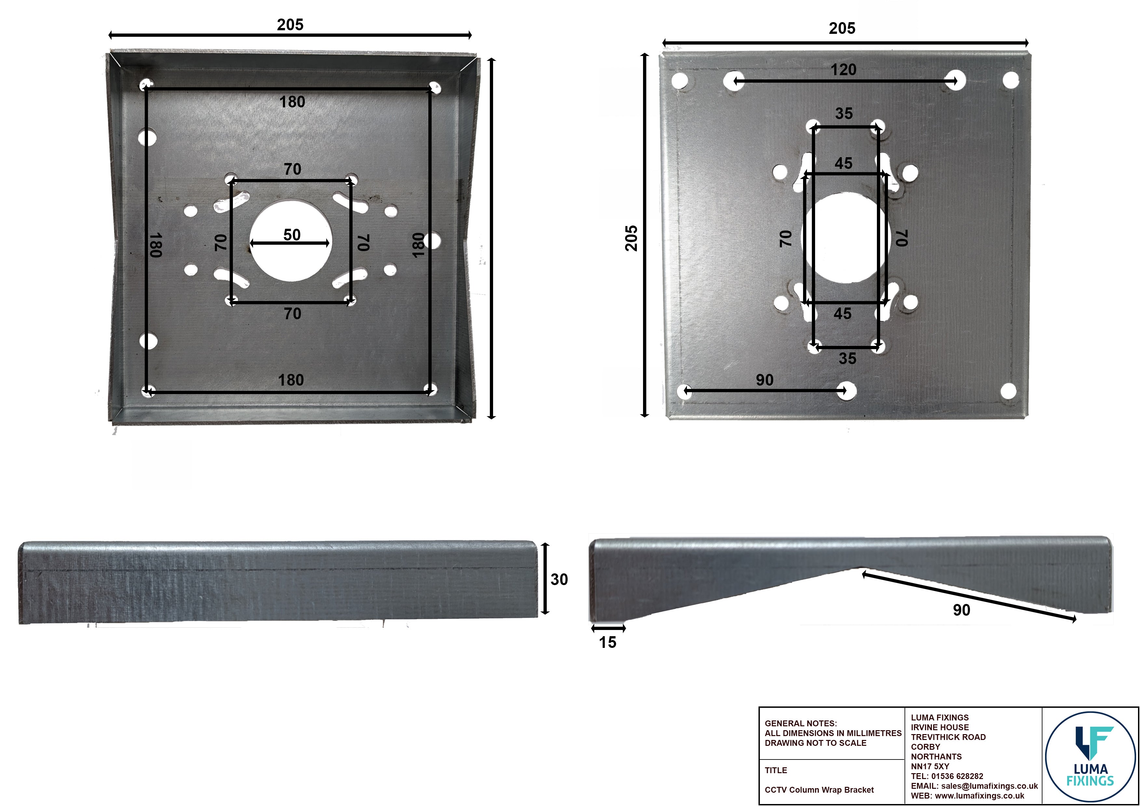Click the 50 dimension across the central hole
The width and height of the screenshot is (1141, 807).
pyautogui.click(x=292, y=235)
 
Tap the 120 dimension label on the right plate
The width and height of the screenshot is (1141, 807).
pyautogui.click(x=843, y=70)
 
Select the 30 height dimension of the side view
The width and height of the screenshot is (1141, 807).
pyautogui.click(x=559, y=579)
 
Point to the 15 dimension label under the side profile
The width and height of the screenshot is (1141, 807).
pyautogui.click(x=607, y=642)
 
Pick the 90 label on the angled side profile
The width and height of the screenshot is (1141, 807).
pyautogui.click(x=961, y=610)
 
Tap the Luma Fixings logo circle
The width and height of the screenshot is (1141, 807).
pyautogui.click(x=1090, y=756)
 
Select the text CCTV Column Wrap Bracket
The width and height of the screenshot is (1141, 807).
pyautogui.click(x=819, y=790)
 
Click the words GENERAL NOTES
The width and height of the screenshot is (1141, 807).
pyautogui.click(x=800, y=723)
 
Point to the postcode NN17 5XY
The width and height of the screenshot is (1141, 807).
pyautogui.click(x=930, y=766)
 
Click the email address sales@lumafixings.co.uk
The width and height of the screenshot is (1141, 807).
pyautogui.click(x=989, y=786)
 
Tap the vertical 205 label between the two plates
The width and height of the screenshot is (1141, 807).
pyautogui.click(x=631, y=238)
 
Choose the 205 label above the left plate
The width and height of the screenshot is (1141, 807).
pyautogui.click(x=290, y=25)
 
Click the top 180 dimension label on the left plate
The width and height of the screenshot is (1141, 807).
pyautogui.click(x=292, y=102)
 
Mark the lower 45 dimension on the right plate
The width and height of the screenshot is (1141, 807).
pyautogui.click(x=842, y=314)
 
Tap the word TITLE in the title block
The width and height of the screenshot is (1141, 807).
pyautogui.click(x=776, y=770)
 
